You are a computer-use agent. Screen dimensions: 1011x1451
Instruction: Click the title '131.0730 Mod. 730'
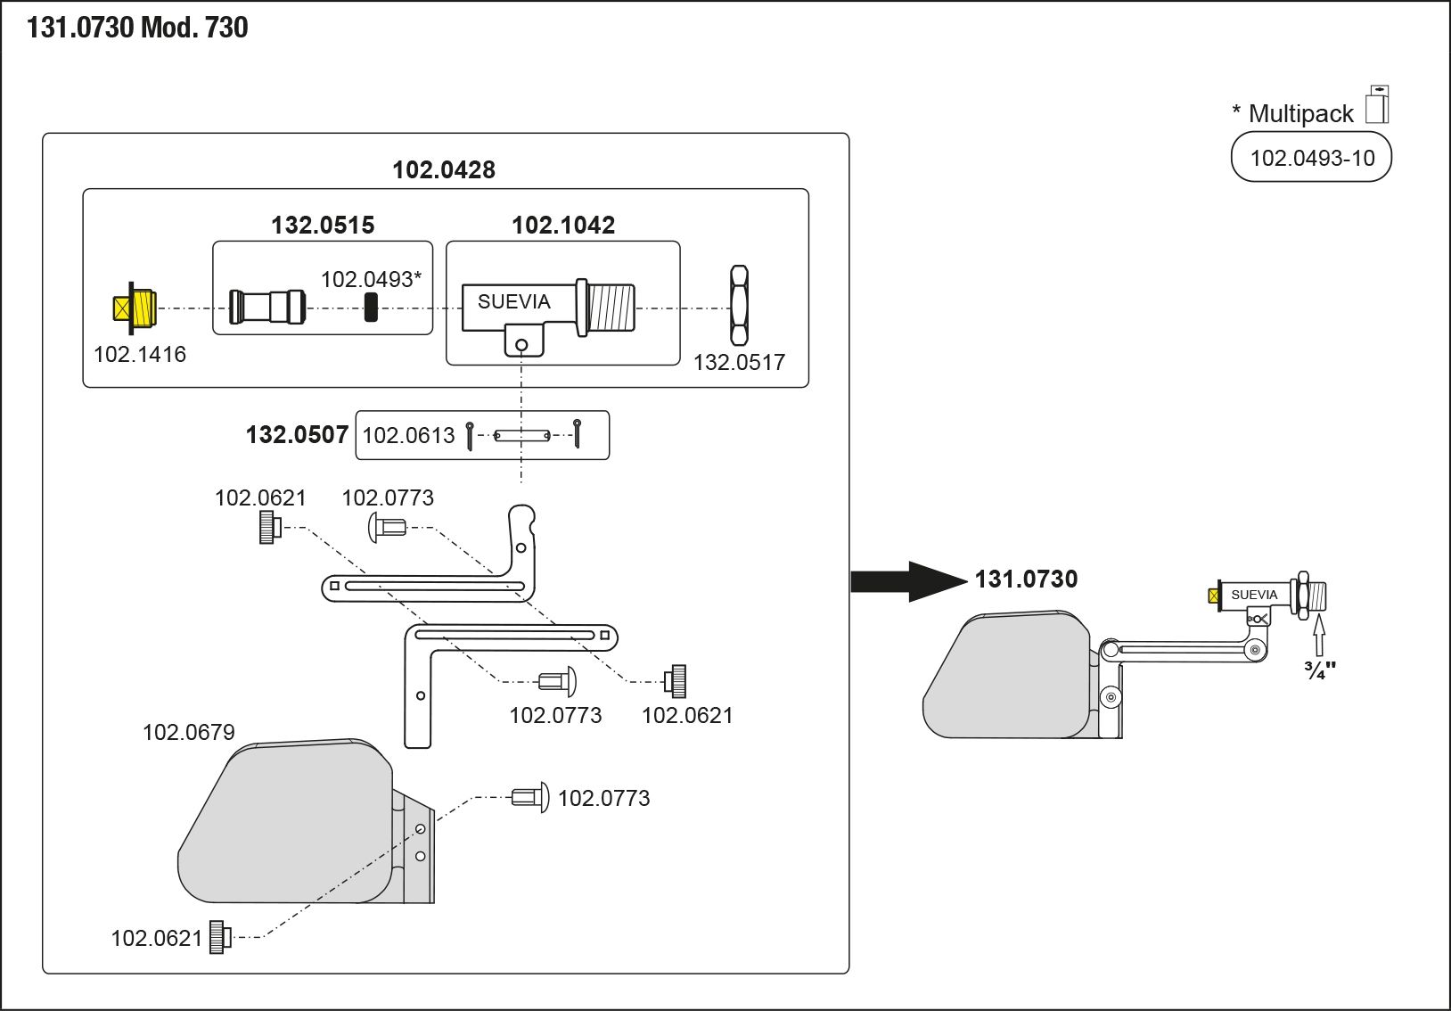[137, 28]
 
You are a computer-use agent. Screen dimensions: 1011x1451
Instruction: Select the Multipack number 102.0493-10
[1311, 158]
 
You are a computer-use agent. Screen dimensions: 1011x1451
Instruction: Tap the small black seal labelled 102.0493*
[371, 308]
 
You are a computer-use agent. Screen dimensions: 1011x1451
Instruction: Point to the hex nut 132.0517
[739, 305]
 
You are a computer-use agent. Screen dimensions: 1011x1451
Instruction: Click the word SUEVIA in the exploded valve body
[513, 301]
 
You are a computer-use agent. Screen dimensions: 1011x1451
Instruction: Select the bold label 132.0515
[323, 225]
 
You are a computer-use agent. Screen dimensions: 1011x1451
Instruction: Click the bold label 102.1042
[563, 225]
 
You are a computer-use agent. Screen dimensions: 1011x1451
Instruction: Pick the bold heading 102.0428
[444, 169]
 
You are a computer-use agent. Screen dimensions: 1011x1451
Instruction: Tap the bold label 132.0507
[297, 434]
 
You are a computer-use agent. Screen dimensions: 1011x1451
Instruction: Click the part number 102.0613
[408, 435]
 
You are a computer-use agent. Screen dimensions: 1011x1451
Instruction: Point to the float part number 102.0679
[189, 732]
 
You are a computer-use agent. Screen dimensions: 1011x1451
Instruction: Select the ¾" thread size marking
[1319, 670]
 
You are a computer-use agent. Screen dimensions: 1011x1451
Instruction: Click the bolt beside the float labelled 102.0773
[530, 796]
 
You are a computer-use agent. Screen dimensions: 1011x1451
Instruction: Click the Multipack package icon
[1377, 104]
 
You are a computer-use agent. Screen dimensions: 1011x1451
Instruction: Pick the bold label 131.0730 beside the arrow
[1026, 579]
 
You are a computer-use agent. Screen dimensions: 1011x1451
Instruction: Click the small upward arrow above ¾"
[1319, 634]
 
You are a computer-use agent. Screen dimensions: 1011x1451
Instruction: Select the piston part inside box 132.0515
[267, 307]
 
